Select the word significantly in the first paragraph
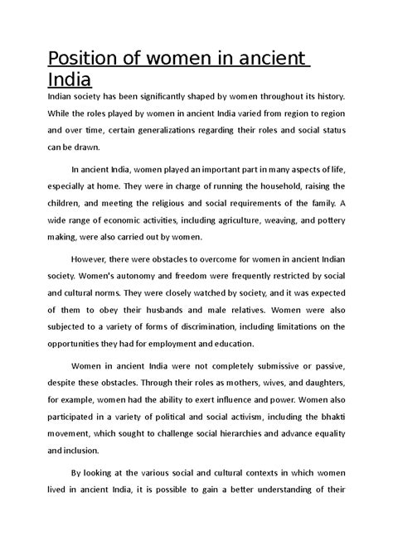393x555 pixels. tap(163, 96)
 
